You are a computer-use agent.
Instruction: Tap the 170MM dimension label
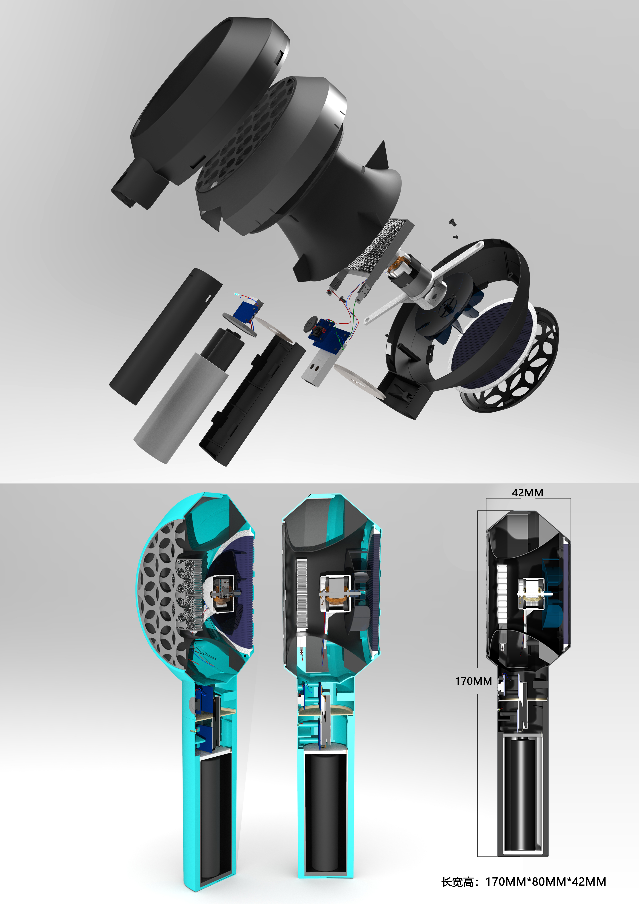473,681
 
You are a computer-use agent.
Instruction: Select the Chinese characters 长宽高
457,882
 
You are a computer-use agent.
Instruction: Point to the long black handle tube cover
165,337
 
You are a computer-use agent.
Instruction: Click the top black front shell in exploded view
205,98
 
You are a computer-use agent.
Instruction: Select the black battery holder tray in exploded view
252,402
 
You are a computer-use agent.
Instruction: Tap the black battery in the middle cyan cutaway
325,811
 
